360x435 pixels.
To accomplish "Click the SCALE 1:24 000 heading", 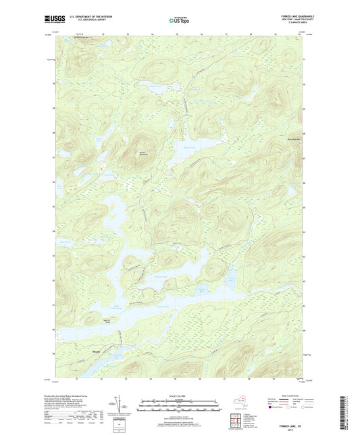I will tap(180, 395).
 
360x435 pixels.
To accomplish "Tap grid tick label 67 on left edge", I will tap(53, 157).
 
